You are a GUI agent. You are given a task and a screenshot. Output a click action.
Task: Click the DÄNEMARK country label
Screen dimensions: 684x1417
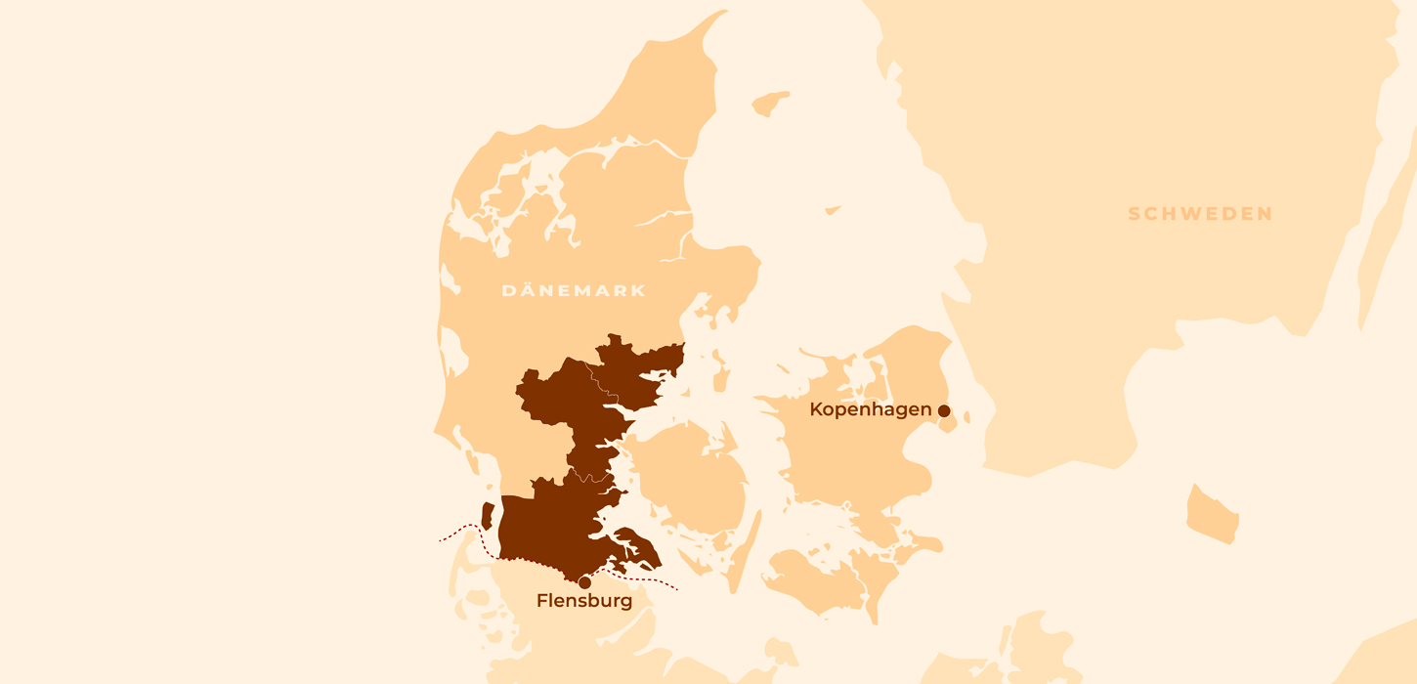point(574,290)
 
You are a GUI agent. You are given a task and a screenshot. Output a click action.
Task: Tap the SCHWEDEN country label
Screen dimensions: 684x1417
point(1200,214)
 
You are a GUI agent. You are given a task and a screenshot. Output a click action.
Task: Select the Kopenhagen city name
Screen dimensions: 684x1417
point(871,409)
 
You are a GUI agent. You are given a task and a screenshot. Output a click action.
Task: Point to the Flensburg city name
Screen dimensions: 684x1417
point(584,601)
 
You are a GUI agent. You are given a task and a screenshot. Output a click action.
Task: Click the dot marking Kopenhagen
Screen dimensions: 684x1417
point(944,411)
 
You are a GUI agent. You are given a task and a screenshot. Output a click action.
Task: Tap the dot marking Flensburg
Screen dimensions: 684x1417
point(584,582)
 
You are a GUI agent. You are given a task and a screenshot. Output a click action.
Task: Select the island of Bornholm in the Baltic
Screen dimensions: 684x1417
point(1213,514)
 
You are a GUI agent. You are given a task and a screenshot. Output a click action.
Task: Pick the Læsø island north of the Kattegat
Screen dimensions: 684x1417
point(770,103)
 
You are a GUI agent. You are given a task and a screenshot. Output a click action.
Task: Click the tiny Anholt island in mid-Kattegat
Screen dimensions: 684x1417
point(833,209)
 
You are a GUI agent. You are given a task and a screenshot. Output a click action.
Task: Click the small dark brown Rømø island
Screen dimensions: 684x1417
point(487,516)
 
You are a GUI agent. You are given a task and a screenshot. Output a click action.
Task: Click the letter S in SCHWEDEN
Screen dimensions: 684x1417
point(1135,214)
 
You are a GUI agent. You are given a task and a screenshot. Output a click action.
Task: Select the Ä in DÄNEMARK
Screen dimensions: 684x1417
point(526,290)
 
